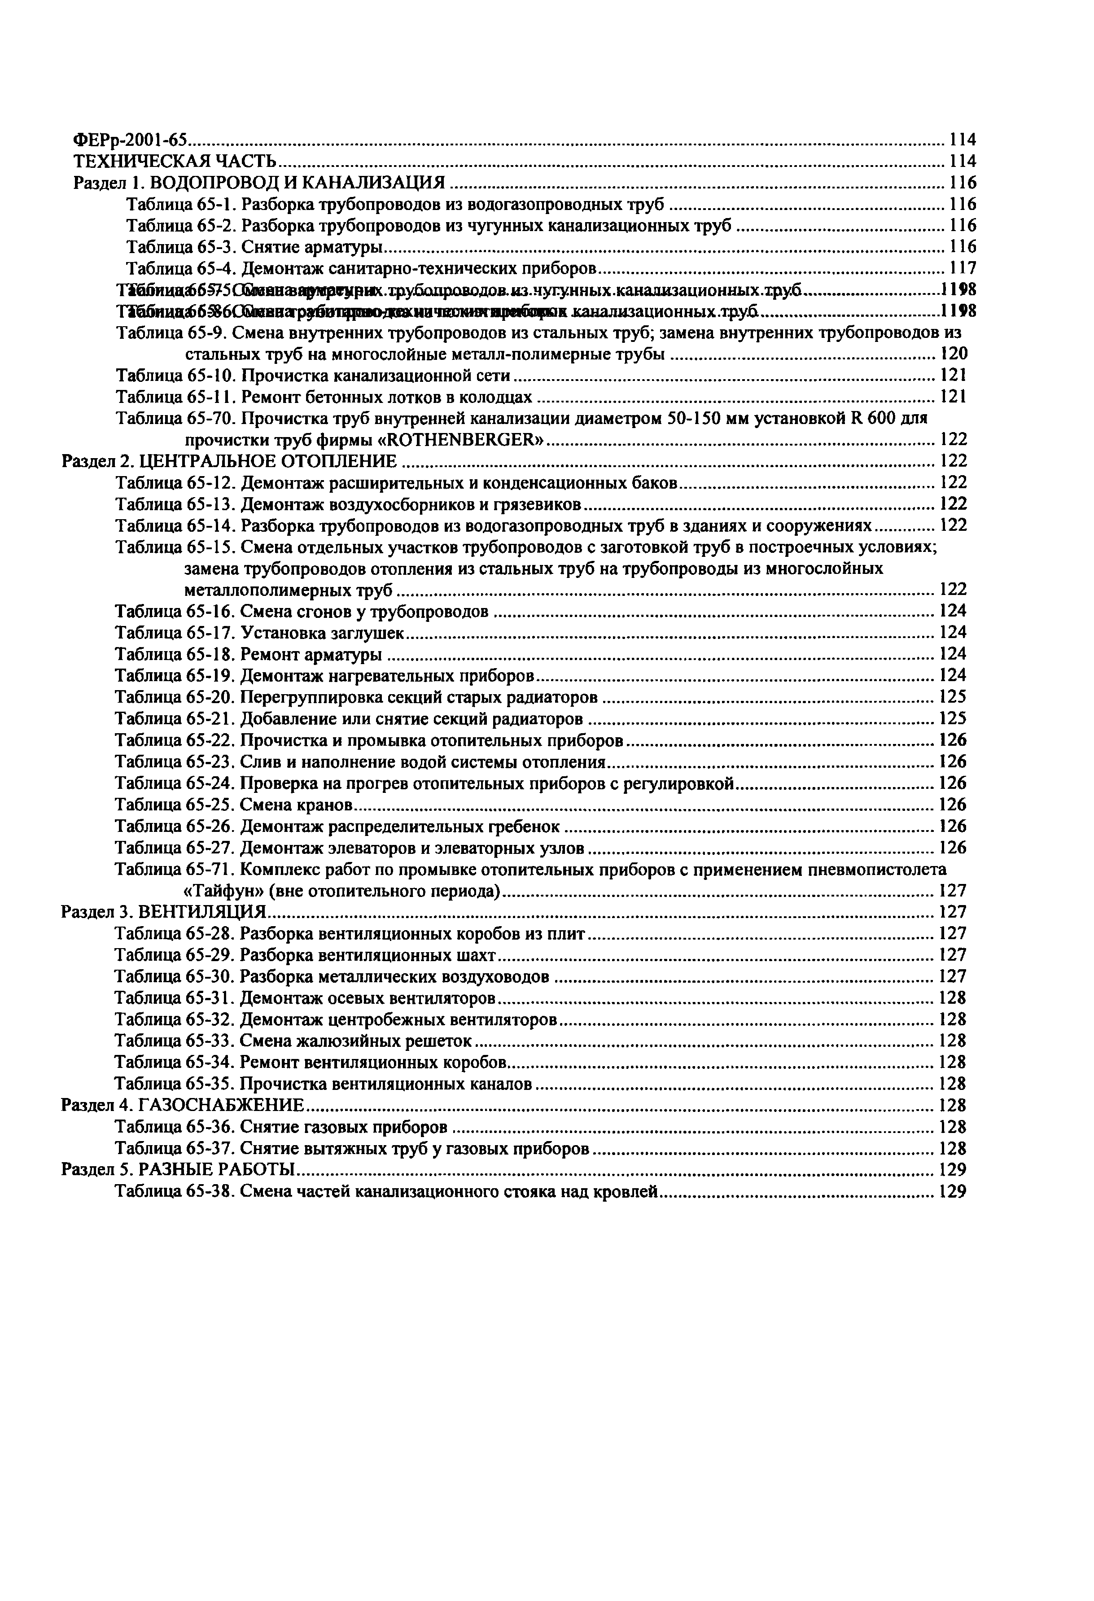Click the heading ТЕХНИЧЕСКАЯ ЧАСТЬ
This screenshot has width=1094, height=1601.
175,161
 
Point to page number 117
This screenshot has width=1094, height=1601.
963,268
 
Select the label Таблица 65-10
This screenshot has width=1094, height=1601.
175,376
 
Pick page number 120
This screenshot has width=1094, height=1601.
954,354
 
